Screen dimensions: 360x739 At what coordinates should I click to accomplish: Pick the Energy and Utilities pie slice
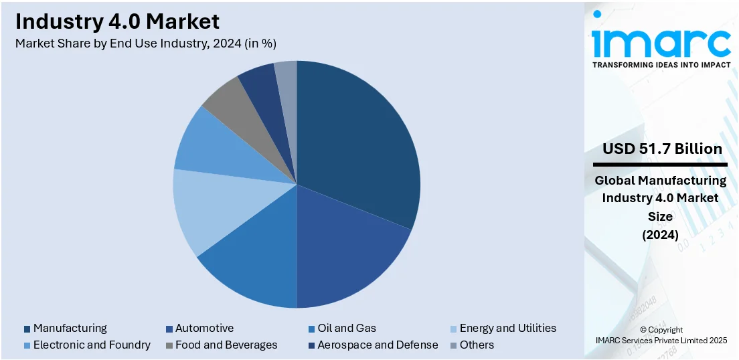point(214,207)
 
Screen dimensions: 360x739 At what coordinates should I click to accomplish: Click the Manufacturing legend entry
point(70,328)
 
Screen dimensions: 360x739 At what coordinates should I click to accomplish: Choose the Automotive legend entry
point(204,328)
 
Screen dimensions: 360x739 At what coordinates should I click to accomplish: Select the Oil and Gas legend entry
point(347,328)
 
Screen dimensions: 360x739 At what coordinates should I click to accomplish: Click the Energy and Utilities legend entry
point(507,328)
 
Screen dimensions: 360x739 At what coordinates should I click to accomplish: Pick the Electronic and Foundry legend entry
point(92,345)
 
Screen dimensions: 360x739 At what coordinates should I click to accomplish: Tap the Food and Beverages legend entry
point(226,345)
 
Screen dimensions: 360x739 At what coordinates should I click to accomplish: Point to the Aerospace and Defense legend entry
point(378,345)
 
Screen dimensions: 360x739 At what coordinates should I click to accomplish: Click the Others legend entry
point(477,345)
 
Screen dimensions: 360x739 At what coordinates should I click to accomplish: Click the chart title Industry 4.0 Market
point(117,21)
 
